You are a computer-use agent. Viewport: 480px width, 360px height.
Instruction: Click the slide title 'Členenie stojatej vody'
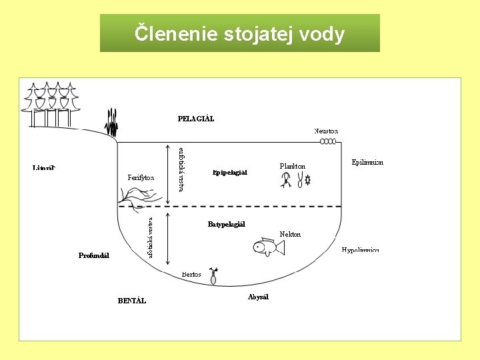(239, 33)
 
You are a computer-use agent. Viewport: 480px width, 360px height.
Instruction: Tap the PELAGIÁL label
(196, 119)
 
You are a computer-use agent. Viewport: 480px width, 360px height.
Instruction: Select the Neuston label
(326, 131)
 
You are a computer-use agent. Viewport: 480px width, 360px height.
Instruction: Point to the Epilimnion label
(367, 162)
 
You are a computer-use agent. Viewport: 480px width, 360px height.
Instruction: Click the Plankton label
(293, 165)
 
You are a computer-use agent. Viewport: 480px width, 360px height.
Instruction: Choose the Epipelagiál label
(230, 172)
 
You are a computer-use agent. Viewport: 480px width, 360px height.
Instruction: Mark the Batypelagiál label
(226, 224)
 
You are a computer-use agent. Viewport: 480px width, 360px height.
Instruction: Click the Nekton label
(290, 234)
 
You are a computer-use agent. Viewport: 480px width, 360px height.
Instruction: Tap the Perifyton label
(141, 178)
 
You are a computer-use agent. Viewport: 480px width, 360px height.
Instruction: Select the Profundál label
(93, 255)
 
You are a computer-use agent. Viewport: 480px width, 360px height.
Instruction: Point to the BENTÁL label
(132, 301)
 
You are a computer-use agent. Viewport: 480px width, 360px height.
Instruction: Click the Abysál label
(258, 297)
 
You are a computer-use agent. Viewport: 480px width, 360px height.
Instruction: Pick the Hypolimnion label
(361, 250)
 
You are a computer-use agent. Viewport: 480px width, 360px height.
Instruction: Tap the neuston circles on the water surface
(328, 141)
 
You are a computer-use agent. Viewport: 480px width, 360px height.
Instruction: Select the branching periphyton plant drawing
(139, 195)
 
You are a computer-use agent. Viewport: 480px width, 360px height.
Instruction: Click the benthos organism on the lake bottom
(213, 276)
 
